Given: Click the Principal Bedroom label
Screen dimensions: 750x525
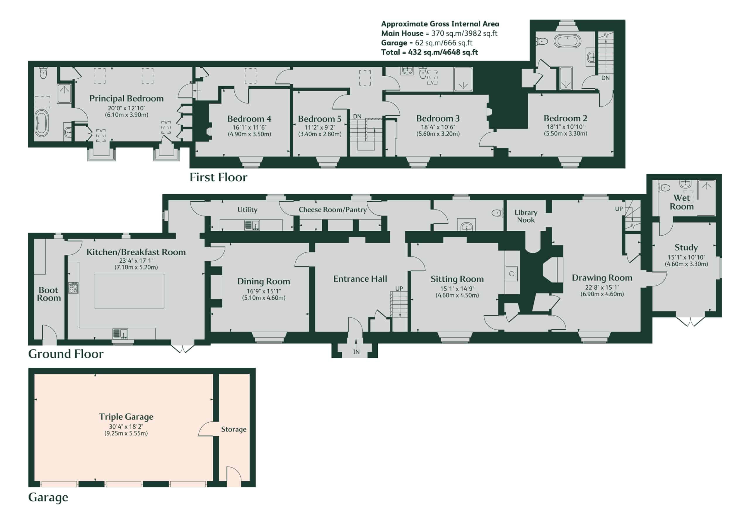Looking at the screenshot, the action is click(126, 99).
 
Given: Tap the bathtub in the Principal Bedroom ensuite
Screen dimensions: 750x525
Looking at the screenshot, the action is click(42, 123).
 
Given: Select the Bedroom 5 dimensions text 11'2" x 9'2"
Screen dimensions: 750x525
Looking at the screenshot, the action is click(320, 128).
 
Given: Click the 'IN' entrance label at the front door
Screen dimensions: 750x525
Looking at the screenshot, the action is click(356, 352).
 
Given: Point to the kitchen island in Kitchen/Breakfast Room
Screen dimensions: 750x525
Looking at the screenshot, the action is click(129, 291).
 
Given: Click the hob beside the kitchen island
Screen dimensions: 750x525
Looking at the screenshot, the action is click(73, 288).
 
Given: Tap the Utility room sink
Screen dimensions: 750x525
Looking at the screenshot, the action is click(252, 225).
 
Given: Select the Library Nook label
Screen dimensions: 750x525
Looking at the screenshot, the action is click(526, 216).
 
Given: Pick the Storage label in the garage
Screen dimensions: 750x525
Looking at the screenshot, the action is click(233, 429).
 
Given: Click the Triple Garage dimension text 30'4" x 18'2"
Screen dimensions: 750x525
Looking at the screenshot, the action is click(126, 426).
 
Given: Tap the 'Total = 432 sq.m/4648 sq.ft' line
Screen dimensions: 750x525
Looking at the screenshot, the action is click(429, 52).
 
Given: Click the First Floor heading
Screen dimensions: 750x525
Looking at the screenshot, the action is click(218, 177).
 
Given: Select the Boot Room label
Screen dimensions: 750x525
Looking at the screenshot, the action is click(49, 294).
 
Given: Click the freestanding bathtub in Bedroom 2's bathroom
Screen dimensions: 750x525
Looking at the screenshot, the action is click(567, 42).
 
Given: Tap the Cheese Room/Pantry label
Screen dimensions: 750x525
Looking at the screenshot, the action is click(333, 210).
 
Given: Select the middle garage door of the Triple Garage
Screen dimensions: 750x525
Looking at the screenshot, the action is click(123, 484).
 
